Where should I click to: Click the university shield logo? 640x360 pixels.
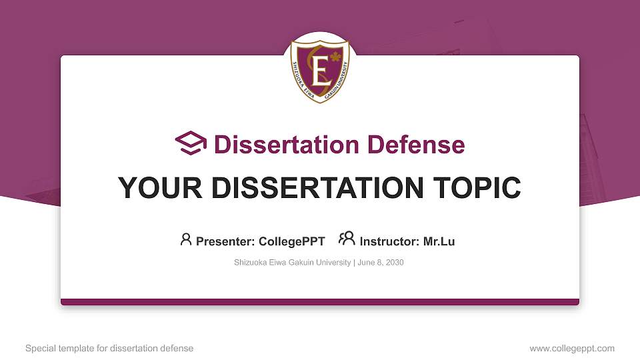click(x=320, y=69)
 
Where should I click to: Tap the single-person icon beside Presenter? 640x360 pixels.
click(x=186, y=239)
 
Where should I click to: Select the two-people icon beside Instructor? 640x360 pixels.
click(x=347, y=239)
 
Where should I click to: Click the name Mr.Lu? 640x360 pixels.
click(x=439, y=241)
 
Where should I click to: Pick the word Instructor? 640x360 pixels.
click(x=389, y=241)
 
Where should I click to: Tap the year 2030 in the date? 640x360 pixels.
click(x=394, y=263)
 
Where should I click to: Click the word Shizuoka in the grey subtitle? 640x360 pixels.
click(x=249, y=263)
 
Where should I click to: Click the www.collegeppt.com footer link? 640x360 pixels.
click(x=572, y=349)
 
